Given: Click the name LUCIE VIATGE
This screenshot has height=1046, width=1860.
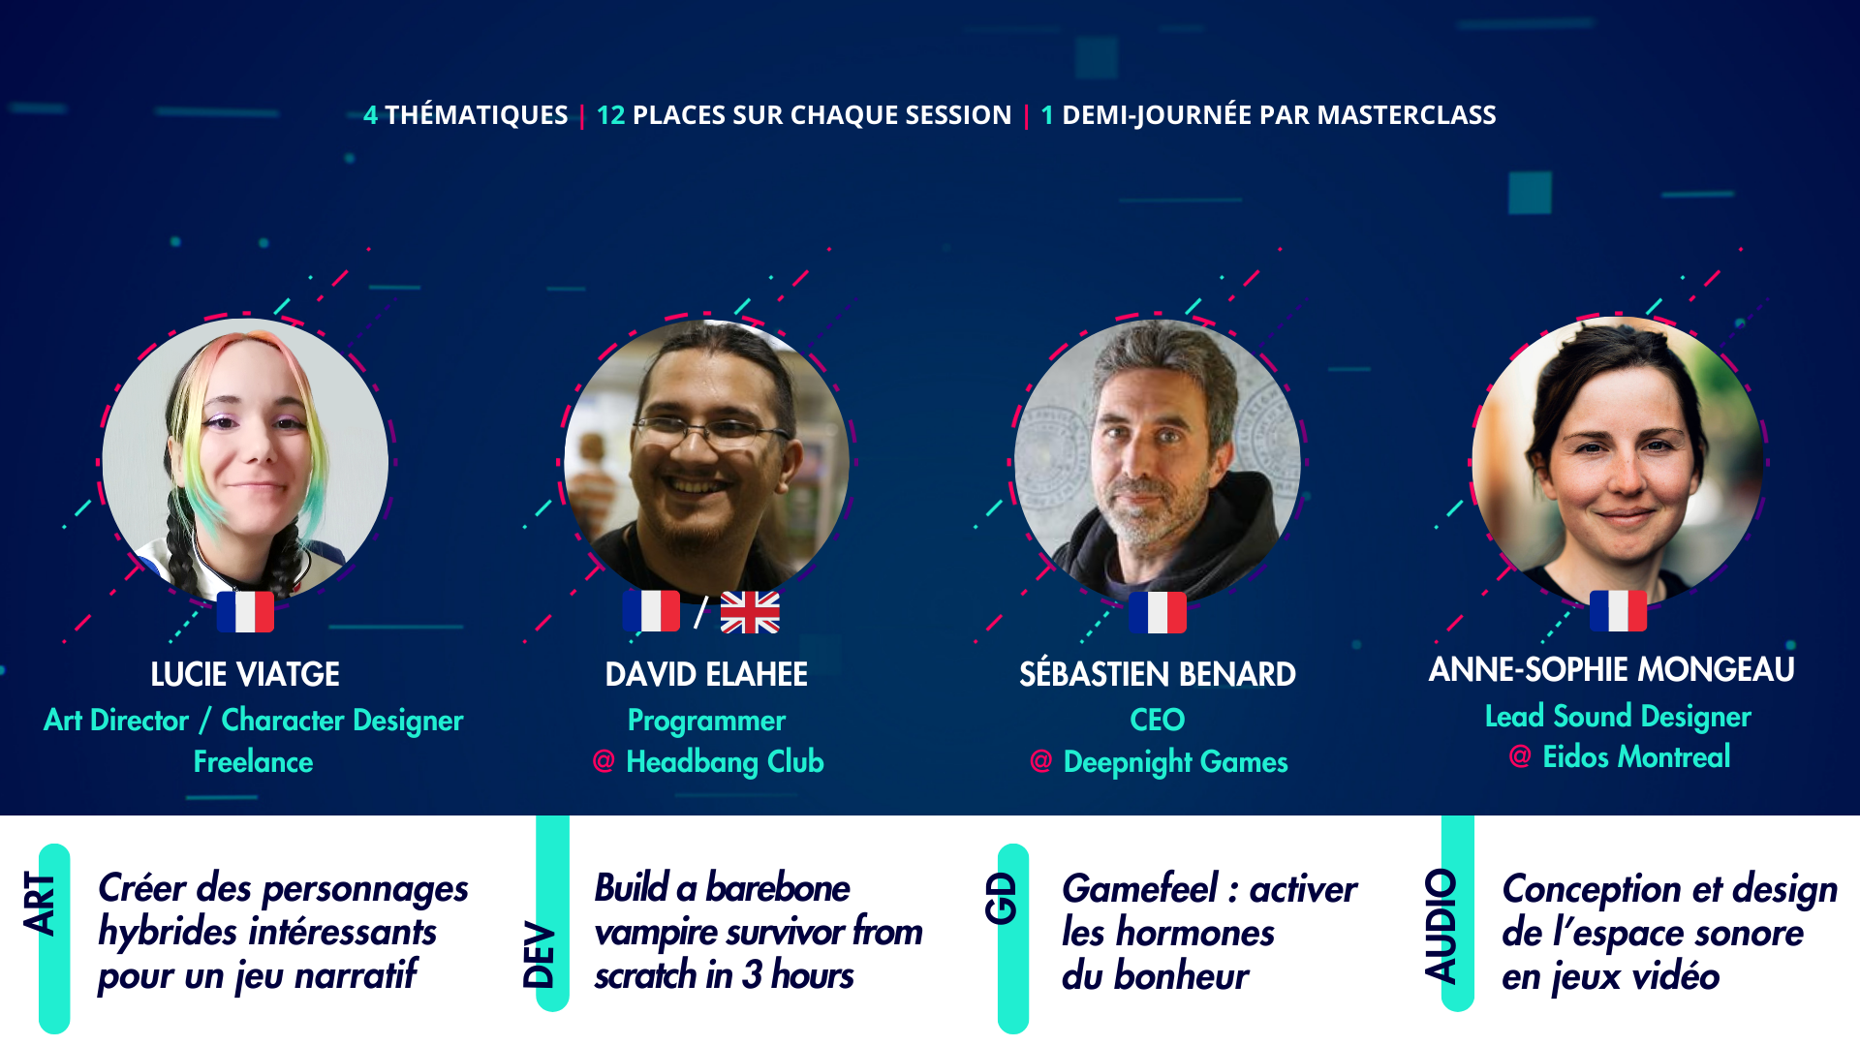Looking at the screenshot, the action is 245,674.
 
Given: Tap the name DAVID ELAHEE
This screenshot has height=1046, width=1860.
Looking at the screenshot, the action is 706,674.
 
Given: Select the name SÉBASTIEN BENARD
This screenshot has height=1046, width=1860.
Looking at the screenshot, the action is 1157,674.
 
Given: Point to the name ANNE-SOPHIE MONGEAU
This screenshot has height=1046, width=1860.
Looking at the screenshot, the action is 1611,669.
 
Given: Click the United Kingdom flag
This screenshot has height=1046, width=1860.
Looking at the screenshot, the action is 750,612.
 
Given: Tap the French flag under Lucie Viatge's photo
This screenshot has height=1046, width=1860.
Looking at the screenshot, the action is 245,612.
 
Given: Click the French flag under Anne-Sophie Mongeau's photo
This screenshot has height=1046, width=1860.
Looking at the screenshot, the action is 1618,611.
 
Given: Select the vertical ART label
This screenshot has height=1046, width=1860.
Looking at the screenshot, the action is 41,904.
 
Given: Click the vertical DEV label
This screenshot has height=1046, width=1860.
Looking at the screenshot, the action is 539,955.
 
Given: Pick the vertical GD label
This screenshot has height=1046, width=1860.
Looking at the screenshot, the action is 1001,899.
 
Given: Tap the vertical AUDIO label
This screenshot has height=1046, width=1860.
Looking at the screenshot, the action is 1441,926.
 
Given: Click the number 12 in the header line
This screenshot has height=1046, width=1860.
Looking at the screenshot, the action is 610,115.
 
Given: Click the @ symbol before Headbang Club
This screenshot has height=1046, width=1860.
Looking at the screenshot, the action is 604,761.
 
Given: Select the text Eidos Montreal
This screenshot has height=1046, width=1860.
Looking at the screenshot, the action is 1636,756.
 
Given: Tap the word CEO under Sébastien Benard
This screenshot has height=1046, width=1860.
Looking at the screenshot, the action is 1157,720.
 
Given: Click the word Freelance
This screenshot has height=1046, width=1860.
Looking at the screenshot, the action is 253,762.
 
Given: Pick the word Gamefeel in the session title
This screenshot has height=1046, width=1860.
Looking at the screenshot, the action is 1140,889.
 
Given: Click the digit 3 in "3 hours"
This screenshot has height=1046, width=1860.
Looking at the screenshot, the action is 752,975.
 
